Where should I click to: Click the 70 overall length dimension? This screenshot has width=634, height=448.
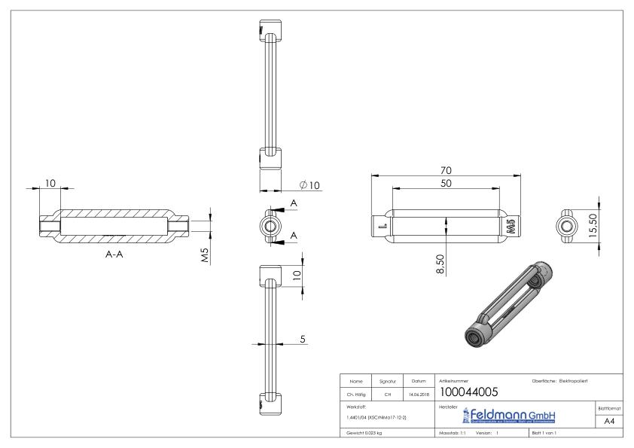[446, 170]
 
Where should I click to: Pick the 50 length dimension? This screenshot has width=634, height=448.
[446, 184]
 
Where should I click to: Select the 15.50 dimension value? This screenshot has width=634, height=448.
[593, 226]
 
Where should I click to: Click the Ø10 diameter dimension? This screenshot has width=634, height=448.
[309, 185]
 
